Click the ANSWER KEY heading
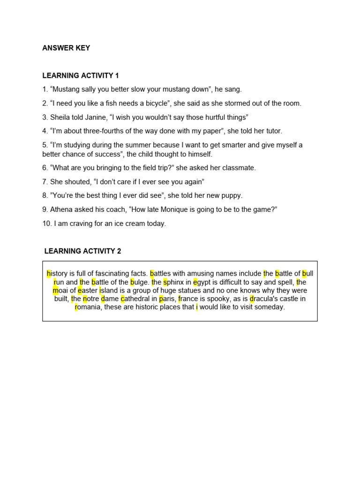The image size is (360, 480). pyautogui.click(x=66, y=48)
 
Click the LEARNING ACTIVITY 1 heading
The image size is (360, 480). pyautogui.click(x=81, y=75)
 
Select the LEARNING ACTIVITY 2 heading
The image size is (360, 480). pyautogui.click(x=82, y=251)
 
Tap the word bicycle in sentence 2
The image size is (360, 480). pyautogui.click(x=155, y=103)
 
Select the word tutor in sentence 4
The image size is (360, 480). pyautogui.click(x=273, y=131)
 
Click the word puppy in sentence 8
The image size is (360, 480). pyautogui.click(x=232, y=195)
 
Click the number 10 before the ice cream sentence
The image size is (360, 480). pyautogui.click(x=46, y=224)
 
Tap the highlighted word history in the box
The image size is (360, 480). pyautogui.click(x=58, y=273)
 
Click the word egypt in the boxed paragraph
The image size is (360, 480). pyautogui.click(x=203, y=282)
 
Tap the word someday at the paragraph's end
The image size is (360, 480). pyautogui.click(x=269, y=307)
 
